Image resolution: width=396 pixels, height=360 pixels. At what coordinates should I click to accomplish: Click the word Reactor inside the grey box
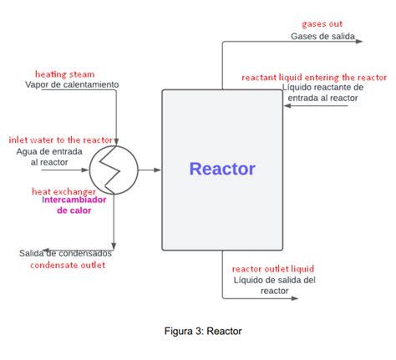[x=222, y=170]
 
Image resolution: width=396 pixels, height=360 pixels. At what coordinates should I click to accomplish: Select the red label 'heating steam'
[x=64, y=74]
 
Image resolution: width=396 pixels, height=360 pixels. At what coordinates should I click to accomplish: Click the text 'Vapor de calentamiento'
[x=72, y=85]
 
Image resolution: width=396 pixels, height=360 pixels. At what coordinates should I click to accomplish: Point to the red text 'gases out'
[x=322, y=24]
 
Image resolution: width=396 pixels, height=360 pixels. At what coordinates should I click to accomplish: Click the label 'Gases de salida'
[x=322, y=37]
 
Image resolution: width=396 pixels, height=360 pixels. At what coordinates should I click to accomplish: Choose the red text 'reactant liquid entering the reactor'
[x=314, y=77]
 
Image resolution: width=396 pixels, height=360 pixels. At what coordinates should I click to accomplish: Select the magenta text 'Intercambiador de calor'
[x=74, y=205]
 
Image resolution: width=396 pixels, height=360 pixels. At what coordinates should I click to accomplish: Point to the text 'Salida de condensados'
[x=65, y=253]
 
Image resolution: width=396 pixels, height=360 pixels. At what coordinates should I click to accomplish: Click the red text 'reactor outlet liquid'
[x=272, y=269]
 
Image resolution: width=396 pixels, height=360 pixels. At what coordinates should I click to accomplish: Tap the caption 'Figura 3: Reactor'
[x=203, y=331]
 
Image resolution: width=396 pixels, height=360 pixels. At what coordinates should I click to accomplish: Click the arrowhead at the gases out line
[x=358, y=39]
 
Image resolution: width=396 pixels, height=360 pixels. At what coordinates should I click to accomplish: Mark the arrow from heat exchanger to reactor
[x=149, y=170]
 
